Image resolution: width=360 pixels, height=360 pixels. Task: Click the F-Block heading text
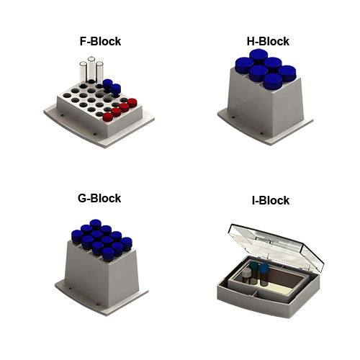(x=100, y=41)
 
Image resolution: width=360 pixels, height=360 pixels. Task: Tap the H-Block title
(x=268, y=41)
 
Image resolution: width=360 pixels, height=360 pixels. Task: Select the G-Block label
(x=99, y=198)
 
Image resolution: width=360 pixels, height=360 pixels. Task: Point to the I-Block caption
(x=271, y=200)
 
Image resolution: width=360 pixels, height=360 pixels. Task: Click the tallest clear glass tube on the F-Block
(x=91, y=69)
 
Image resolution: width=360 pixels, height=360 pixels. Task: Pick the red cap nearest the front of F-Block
(x=108, y=117)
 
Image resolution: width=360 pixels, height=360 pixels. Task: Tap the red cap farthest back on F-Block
(x=132, y=103)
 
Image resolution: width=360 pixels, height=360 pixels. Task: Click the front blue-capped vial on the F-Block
(x=116, y=89)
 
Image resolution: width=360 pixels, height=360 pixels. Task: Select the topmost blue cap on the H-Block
(x=258, y=55)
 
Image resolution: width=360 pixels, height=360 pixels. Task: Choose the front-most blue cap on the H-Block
(x=273, y=81)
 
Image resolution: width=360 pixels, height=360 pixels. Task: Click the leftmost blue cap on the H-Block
(x=245, y=65)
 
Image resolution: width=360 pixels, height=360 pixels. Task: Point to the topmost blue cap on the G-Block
(x=96, y=223)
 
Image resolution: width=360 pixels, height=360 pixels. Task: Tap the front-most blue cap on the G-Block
(x=108, y=254)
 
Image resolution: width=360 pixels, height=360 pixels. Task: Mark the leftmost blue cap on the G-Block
(x=77, y=235)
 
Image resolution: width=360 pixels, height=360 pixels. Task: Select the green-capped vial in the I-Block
(x=254, y=273)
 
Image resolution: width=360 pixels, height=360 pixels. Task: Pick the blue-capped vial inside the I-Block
(x=264, y=274)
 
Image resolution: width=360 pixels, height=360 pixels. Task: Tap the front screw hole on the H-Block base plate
(x=262, y=133)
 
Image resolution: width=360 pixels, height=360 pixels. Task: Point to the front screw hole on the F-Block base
(x=95, y=135)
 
